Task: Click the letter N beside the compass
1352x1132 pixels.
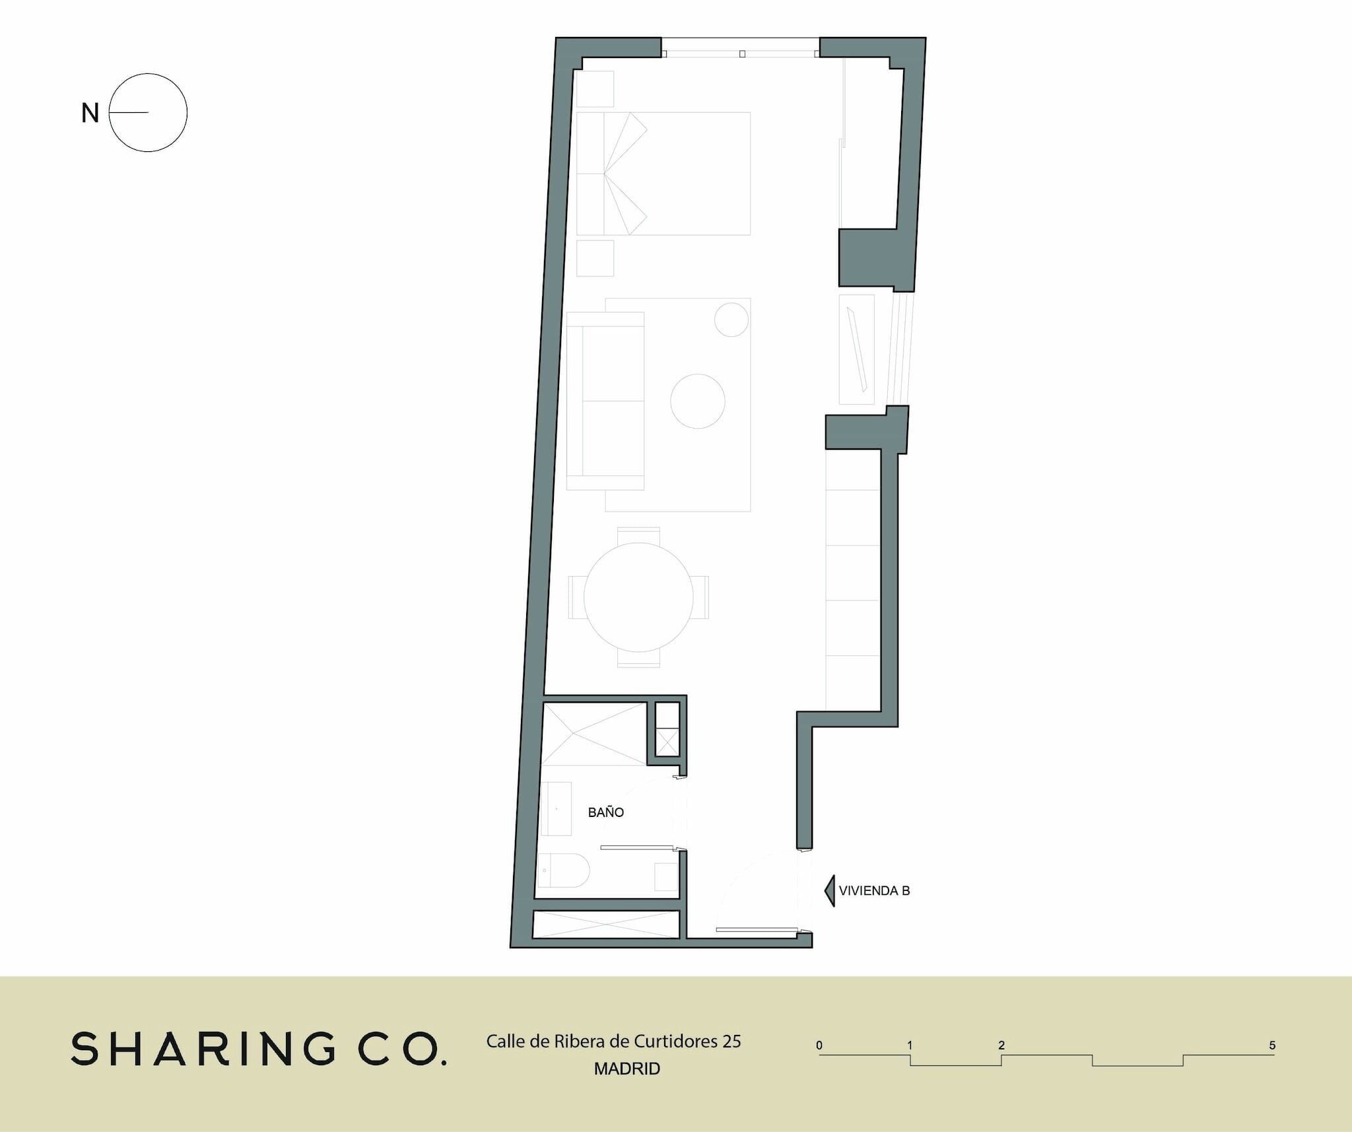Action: click(x=90, y=114)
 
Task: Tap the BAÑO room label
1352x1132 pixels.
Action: click(x=606, y=812)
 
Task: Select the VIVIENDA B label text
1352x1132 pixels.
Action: click(x=874, y=891)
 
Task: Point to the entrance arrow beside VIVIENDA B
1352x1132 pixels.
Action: click(x=830, y=891)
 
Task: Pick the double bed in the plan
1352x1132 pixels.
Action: click(x=663, y=174)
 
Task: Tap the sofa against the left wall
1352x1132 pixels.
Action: click(x=605, y=401)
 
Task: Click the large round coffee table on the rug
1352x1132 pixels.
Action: click(x=698, y=401)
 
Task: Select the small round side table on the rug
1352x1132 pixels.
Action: click(x=731, y=319)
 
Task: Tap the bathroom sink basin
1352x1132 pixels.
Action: click(x=556, y=809)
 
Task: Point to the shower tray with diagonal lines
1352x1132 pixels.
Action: click(x=594, y=734)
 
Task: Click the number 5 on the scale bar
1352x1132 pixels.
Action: click(x=1272, y=1045)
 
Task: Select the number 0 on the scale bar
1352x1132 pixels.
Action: click(x=819, y=1045)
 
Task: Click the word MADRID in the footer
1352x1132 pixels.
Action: click(x=627, y=1069)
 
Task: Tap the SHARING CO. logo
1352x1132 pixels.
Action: click(x=259, y=1049)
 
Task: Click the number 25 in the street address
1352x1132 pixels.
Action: click(x=731, y=1042)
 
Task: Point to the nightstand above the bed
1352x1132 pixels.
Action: click(x=595, y=89)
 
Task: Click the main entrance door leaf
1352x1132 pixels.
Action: click(x=756, y=930)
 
